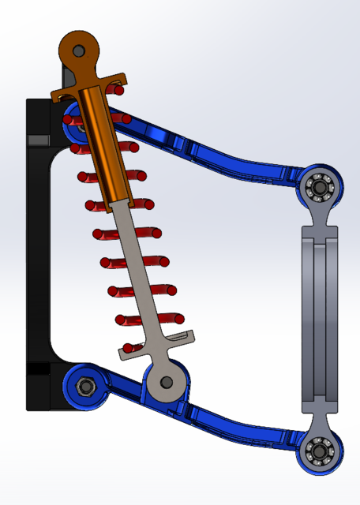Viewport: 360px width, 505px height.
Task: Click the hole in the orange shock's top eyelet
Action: point(79,50)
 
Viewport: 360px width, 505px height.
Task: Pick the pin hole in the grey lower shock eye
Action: point(166,382)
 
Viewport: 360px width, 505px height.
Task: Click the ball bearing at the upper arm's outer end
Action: point(321,188)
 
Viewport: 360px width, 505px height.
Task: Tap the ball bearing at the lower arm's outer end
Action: point(321,452)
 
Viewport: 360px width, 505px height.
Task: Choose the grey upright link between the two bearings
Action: point(320,316)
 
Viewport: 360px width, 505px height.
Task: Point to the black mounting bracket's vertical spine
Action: point(38,252)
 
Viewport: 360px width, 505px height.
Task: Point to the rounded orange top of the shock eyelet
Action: point(79,38)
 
